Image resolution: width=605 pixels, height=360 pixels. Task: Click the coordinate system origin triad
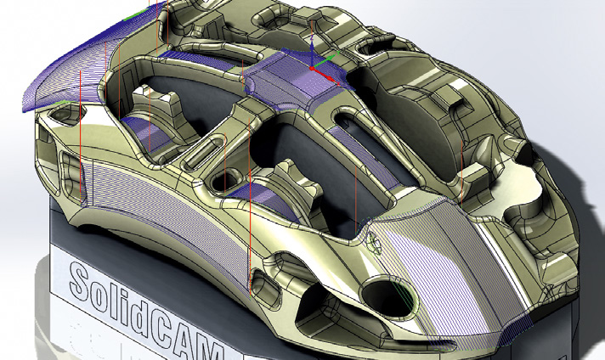(x=313, y=67)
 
